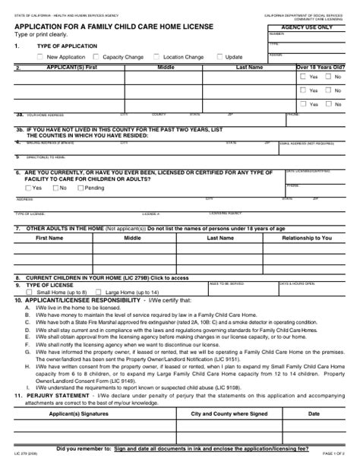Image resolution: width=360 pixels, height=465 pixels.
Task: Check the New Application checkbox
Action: [39, 57]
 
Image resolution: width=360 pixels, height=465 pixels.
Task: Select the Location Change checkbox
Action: [156, 57]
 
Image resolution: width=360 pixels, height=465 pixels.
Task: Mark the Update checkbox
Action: [219, 57]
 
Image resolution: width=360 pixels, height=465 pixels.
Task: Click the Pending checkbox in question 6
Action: [80, 188]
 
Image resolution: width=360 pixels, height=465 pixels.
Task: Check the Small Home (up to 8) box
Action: [29, 292]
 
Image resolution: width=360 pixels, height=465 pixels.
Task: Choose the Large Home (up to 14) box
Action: [99, 292]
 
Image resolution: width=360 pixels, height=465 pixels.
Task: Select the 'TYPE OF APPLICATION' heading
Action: [67, 46]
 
